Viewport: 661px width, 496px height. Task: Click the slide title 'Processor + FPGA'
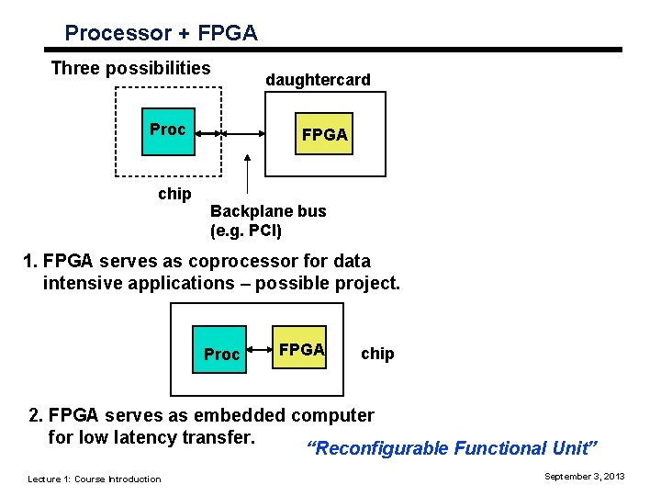[161, 33]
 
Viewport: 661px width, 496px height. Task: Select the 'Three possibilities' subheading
[130, 68]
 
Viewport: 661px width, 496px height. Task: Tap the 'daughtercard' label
[318, 80]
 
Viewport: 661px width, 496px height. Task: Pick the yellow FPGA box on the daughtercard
[324, 135]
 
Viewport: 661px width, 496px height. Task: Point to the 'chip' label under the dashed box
[174, 194]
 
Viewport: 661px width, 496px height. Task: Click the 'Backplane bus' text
[268, 211]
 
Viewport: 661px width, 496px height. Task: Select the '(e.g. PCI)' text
[246, 230]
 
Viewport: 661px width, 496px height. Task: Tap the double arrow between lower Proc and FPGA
[259, 349]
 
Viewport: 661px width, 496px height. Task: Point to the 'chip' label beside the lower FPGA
[377, 354]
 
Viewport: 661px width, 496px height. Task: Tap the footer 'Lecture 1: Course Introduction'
[94, 479]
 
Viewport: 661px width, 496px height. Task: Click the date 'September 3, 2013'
[584, 477]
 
